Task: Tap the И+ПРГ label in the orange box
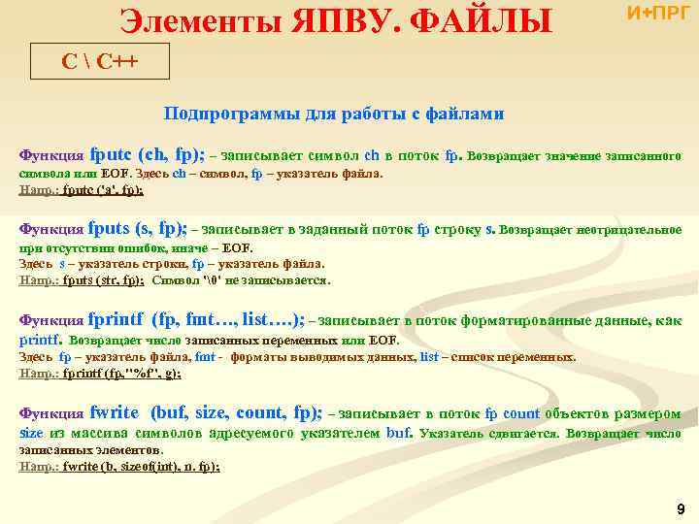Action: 660,14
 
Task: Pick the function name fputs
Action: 110,229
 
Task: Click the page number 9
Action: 681,508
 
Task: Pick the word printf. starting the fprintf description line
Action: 42,340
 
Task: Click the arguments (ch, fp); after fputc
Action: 172,154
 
